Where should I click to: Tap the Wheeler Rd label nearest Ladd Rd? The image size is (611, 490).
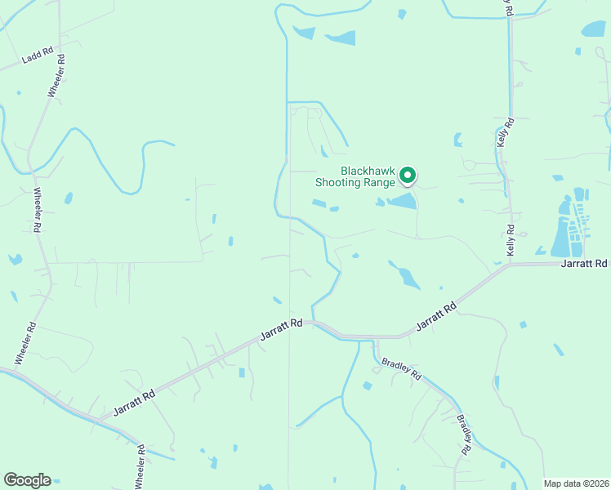click(55, 77)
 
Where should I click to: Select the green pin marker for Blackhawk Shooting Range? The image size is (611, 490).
click(407, 175)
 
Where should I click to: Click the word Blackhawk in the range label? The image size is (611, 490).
click(367, 171)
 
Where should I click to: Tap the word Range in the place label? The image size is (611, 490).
click(379, 182)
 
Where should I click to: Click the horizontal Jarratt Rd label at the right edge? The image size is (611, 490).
click(585, 263)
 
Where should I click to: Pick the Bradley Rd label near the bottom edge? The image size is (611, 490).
click(464, 434)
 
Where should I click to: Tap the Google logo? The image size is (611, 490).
click(27, 480)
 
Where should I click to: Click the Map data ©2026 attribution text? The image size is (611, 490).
click(576, 483)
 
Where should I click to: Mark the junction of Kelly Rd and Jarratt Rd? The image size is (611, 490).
click(511, 265)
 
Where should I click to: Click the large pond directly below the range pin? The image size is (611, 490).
click(401, 201)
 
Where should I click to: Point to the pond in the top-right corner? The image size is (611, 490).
click(594, 29)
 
